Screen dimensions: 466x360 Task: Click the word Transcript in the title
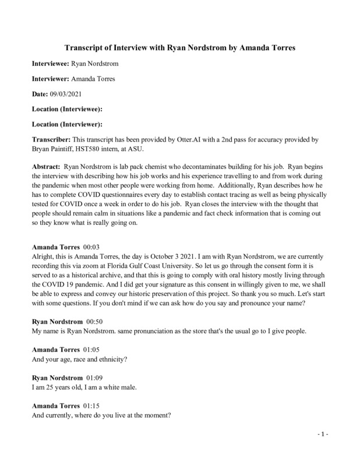(x=87, y=46)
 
